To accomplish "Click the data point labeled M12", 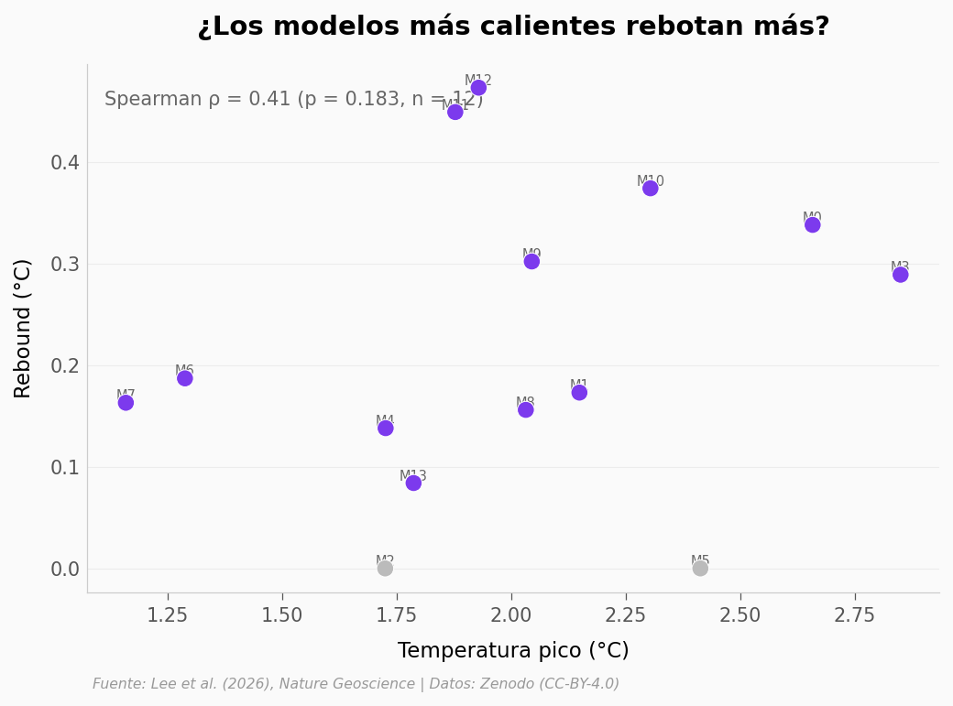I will pyautogui.click(x=478, y=88).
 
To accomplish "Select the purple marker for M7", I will pyautogui.click(x=126, y=403).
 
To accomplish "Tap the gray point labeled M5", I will pyautogui.click(x=700, y=569).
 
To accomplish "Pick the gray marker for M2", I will pyautogui.click(x=385, y=569).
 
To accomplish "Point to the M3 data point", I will pyautogui.click(x=901, y=275).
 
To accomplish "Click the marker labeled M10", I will pyautogui.click(x=651, y=189).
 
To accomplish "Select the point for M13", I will pyautogui.click(x=413, y=483).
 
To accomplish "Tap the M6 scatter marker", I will pyautogui.click(x=185, y=378).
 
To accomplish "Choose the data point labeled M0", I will pyautogui.click(x=813, y=225).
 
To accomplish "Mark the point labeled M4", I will pyautogui.click(x=386, y=428).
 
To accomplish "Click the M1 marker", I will pyautogui.click(x=579, y=393).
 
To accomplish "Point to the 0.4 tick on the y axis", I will pyautogui.click(x=65, y=163).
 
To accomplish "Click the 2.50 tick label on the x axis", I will pyautogui.click(x=739, y=615).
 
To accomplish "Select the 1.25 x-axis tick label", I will pyautogui.click(x=168, y=615).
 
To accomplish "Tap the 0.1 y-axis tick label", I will pyautogui.click(x=65, y=468).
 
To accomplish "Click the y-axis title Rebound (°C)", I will pyautogui.click(x=23, y=328).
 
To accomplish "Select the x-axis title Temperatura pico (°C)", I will pyautogui.click(x=513, y=651).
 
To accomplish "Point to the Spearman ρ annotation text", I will pyautogui.click(x=293, y=100).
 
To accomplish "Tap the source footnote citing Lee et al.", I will pyautogui.click(x=356, y=684).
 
